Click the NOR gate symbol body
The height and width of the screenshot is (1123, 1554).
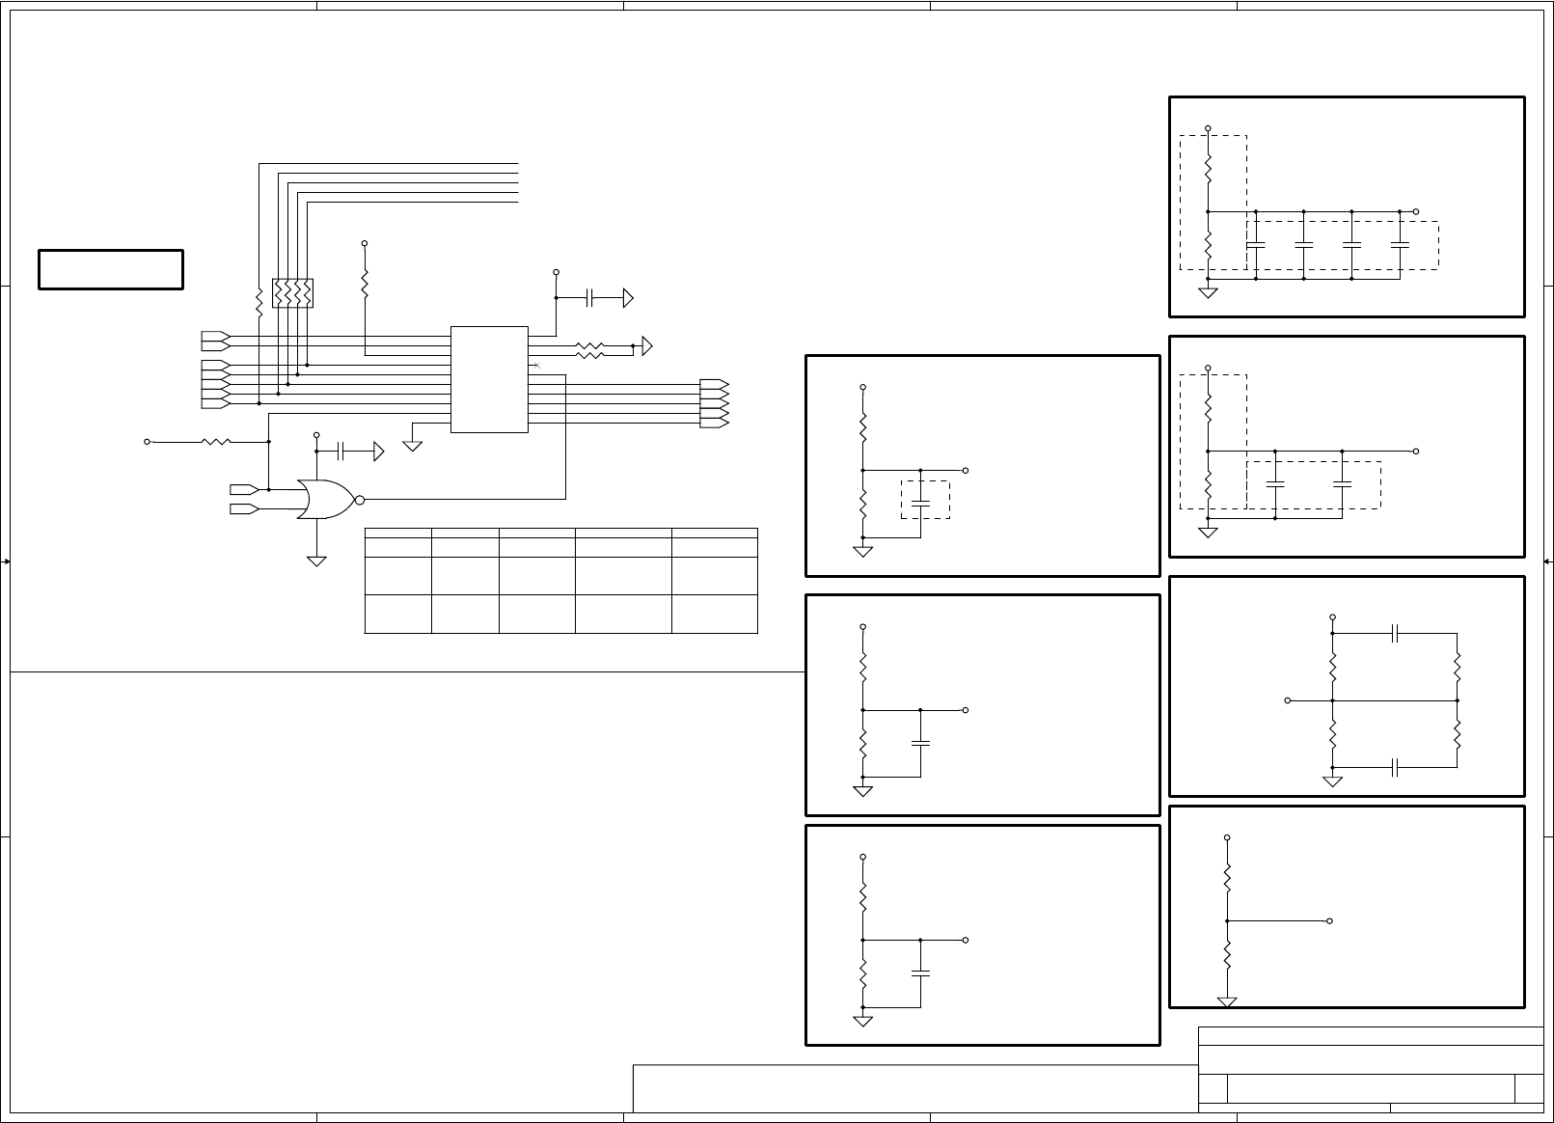click(x=325, y=499)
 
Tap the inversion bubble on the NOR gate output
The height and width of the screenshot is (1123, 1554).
click(x=359, y=499)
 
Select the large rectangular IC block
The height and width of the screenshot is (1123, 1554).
click(x=489, y=379)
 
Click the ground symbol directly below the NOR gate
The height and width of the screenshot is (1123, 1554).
click(x=316, y=560)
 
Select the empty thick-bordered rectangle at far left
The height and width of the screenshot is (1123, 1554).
click(x=111, y=269)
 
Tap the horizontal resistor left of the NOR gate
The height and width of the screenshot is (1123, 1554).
click(x=215, y=442)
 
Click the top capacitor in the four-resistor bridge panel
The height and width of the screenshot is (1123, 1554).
click(x=1395, y=634)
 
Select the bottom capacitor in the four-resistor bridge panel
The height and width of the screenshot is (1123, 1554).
click(x=1395, y=767)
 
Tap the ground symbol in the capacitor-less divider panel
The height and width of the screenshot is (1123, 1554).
click(x=1227, y=1002)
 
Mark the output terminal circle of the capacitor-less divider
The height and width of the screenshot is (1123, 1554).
click(x=1330, y=920)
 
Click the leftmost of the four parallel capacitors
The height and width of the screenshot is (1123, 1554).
click(x=1256, y=244)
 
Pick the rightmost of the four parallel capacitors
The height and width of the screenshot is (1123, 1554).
click(x=1400, y=244)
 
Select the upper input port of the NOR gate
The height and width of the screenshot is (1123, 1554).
click(x=243, y=489)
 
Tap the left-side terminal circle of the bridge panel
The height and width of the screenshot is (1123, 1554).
click(x=1288, y=700)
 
